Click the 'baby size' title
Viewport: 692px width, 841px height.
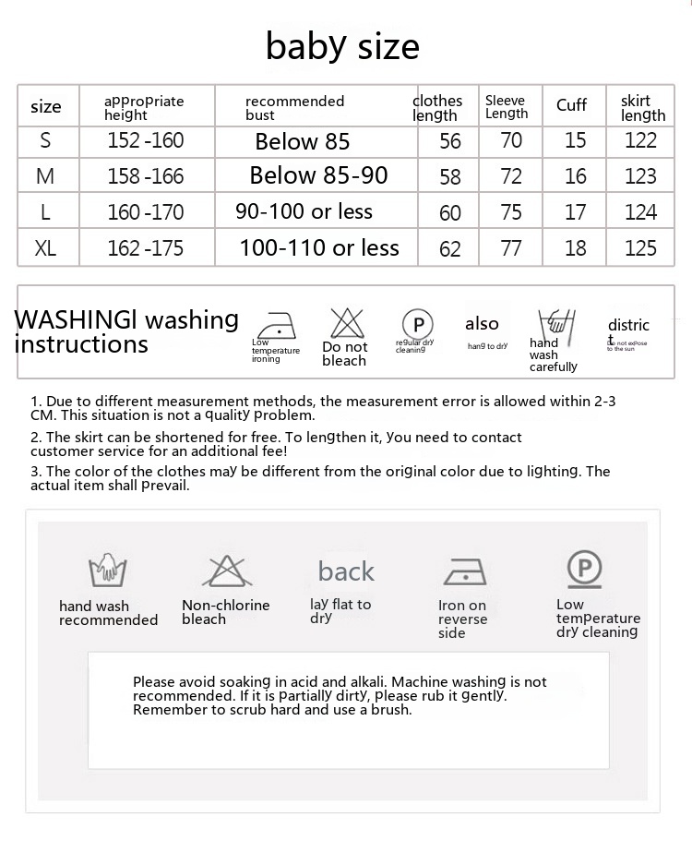[342, 45]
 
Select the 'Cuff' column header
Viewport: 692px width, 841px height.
[571, 105]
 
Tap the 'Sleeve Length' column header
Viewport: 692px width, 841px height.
[507, 107]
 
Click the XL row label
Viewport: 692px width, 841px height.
[45, 248]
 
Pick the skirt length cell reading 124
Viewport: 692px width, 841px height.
[640, 212]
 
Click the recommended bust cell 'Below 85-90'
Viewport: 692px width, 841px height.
[318, 175]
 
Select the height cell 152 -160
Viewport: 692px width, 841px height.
[145, 140]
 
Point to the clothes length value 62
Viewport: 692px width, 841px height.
[450, 249]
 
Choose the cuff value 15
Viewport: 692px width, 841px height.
[575, 140]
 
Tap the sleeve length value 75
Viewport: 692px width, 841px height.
[511, 212]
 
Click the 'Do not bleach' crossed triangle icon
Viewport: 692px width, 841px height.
[347, 323]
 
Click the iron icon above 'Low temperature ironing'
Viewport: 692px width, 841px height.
[274, 326]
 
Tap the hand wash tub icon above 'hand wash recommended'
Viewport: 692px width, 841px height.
[107, 571]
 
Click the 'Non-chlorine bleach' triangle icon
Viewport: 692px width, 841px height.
[224, 572]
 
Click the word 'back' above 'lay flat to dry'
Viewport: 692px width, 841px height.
[346, 571]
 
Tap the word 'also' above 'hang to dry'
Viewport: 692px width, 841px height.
[482, 324]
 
